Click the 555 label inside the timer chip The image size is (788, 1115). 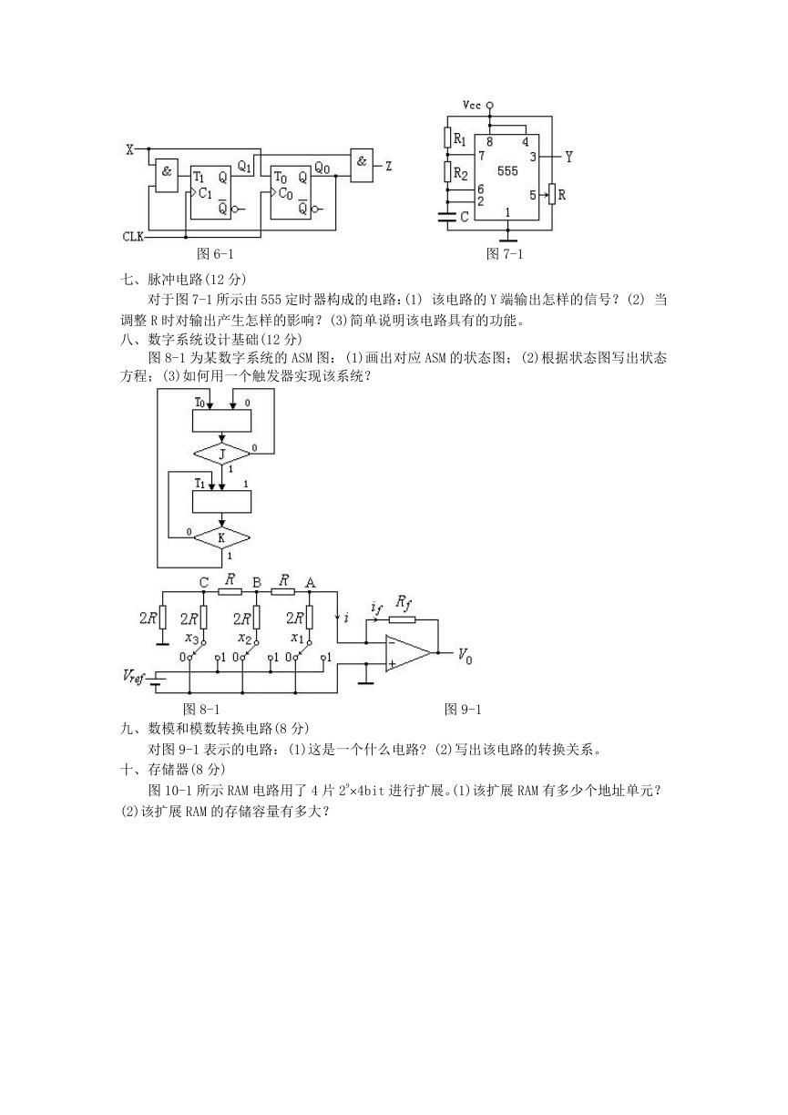[507, 171]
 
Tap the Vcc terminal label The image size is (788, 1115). [471, 105]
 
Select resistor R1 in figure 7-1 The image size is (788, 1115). [447, 138]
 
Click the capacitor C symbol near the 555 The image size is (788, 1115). [447, 216]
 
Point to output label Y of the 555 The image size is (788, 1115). [568, 158]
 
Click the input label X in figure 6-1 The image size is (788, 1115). [130, 149]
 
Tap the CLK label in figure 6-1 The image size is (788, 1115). [133, 237]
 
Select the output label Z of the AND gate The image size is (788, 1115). [388, 167]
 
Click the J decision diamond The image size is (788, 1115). [222, 454]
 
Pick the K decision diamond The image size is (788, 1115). [221, 537]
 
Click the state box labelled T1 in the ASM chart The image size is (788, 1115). [221, 502]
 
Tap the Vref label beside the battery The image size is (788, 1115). [133, 676]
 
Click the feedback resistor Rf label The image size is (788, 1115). [404, 603]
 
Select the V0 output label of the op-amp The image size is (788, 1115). [465, 656]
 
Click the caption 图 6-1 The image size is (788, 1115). [215, 254]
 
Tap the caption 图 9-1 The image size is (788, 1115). [463, 710]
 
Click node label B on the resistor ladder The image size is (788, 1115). [257, 582]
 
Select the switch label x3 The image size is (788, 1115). [192, 638]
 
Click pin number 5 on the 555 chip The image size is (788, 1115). [533, 195]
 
